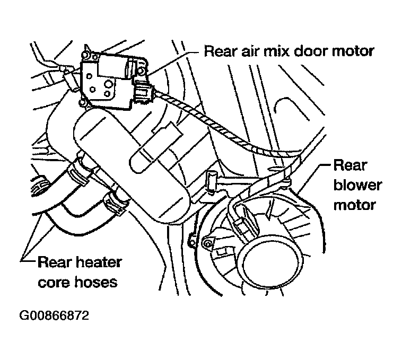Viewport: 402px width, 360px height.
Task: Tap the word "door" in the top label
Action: [311, 51]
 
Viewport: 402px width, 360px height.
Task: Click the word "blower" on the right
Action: [357, 185]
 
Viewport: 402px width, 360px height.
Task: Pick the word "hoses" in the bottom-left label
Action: [96, 283]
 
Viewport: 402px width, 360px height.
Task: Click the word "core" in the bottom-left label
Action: [54, 283]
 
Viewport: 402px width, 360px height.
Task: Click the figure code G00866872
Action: [54, 315]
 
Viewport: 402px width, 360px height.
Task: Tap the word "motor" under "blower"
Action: [355, 205]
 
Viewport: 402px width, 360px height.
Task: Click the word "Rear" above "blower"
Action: [351, 165]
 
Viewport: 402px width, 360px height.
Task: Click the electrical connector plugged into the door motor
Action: [144, 92]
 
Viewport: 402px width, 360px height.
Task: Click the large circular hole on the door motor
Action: [108, 84]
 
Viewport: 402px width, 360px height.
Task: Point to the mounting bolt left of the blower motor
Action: [208, 244]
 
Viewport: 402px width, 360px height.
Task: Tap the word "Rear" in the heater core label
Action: [54, 262]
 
